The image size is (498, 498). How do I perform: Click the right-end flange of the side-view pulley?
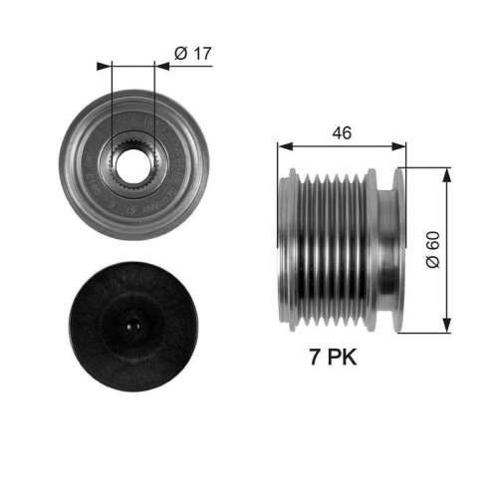[400, 249]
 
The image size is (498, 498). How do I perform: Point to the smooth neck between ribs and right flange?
[380, 249]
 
